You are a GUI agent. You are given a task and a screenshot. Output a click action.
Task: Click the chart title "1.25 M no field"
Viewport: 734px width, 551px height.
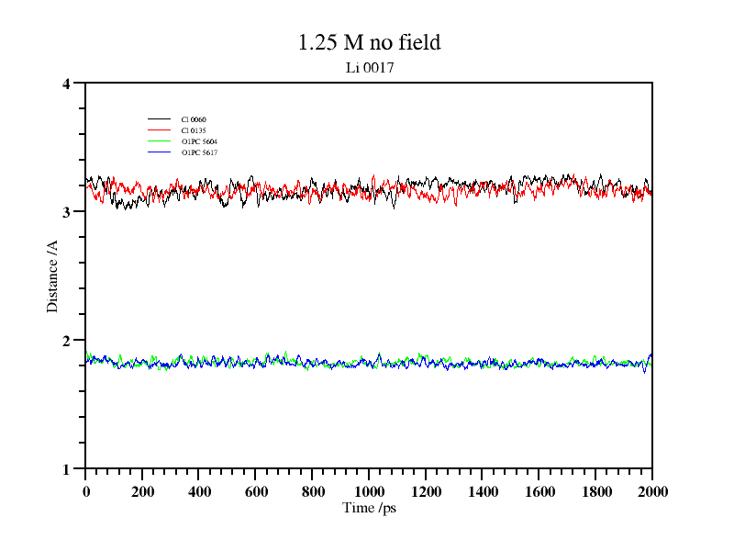point(369,42)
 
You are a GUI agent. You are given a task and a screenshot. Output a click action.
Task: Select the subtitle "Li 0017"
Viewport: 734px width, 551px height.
point(369,67)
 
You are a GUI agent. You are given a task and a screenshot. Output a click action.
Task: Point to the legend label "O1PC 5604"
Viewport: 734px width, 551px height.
point(200,141)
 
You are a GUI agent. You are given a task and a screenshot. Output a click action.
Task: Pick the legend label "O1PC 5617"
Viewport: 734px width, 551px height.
point(200,152)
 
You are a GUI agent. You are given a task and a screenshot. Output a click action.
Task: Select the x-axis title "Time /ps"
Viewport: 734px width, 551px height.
point(369,508)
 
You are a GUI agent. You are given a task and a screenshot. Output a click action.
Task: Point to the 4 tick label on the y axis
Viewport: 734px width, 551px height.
point(66,84)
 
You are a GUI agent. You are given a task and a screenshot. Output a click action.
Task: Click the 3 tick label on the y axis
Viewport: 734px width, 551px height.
point(66,212)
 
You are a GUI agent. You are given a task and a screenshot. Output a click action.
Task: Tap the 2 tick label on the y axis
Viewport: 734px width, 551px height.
point(66,341)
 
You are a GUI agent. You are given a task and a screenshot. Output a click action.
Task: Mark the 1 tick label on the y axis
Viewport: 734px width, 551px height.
point(66,469)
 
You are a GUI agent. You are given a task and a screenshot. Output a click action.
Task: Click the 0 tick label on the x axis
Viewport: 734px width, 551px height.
point(86,491)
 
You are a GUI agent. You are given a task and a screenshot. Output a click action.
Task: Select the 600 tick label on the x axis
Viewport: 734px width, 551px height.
point(256,491)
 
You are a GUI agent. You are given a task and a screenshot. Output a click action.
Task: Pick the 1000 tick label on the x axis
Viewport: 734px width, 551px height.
point(369,491)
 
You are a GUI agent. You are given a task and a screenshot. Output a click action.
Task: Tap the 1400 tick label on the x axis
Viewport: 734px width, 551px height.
point(483,491)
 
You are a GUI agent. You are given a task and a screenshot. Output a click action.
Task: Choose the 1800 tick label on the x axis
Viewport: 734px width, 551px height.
point(595,491)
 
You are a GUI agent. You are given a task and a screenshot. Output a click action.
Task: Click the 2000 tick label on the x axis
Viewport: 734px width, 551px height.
point(652,491)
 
